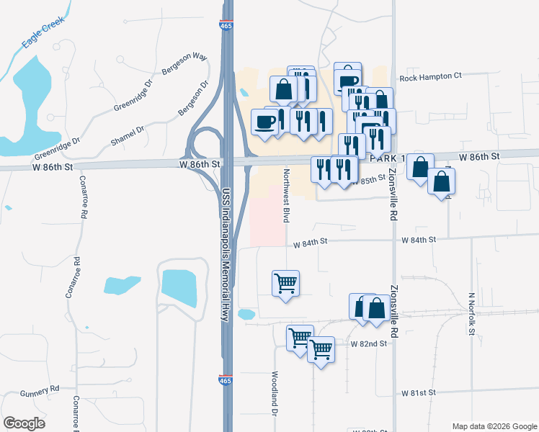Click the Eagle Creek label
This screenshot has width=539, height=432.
click(x=43, y=32)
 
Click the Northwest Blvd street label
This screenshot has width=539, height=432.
click(x=286, y=195)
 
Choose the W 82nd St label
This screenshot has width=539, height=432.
click(x=369, y=344)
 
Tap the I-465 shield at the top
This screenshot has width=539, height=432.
click(x=226, y=27)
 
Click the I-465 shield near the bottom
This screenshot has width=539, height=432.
click(x=226, y=379)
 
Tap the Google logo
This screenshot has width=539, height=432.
click(x=24, y=423)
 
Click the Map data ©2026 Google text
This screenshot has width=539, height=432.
click(x=494, y=426)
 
